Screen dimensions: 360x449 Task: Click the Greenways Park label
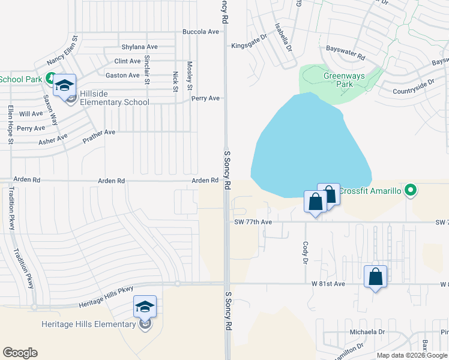(340, 80)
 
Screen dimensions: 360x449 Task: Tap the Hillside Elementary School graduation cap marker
(64, 86)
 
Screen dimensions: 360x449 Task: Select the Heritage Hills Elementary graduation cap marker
(145, 307)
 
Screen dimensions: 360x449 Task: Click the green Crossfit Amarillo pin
(411, 191)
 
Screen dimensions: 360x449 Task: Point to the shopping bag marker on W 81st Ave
(375, 277)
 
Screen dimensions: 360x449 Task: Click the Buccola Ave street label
(201, 32)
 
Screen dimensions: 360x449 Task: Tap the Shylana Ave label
(139, 47)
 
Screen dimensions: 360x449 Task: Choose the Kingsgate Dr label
(249, 45)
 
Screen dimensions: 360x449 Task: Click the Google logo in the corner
(20, 353)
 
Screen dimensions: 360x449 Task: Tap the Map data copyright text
(411, 355)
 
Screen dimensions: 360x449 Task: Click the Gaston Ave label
(122, 75)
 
